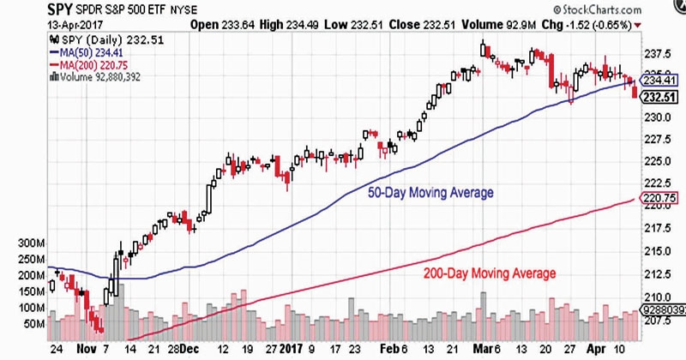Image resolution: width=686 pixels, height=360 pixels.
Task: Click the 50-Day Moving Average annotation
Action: point(430,193)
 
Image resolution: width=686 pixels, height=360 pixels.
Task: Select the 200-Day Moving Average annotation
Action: point(490,273)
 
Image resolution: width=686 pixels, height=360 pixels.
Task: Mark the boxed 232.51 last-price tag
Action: point(657,94)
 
